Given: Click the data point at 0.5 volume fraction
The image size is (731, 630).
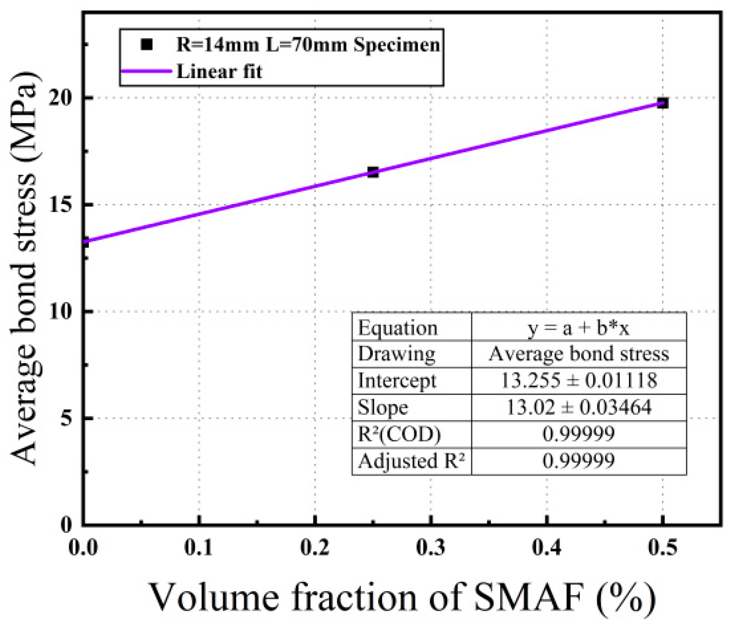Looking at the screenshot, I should pos(662,103).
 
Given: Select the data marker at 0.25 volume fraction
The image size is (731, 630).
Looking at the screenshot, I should pos(373,172).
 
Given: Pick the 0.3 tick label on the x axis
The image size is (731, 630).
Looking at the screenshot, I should pos(431,548).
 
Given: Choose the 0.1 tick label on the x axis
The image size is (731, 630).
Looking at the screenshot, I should pos(199,548).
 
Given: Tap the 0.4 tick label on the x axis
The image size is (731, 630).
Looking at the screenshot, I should pos(547,548).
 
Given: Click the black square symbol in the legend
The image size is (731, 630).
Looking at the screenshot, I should pos(146,45).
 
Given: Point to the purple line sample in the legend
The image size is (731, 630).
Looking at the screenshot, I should pos(146,71).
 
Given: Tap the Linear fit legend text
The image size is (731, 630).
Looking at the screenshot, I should pos(219,71).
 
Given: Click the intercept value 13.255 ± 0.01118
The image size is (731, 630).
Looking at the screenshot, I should pos(578,380).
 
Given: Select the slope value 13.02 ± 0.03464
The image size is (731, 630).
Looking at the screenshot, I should pos(578,407).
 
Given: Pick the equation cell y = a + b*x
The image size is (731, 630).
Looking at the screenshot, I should pos(578,328).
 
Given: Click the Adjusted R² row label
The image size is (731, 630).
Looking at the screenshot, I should pos(411,460).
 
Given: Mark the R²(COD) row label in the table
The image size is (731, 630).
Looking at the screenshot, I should pos(399,434).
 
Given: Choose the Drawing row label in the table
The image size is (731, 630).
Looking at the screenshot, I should pos(396,354).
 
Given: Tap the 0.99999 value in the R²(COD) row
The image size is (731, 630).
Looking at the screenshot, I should pos(578,434).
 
